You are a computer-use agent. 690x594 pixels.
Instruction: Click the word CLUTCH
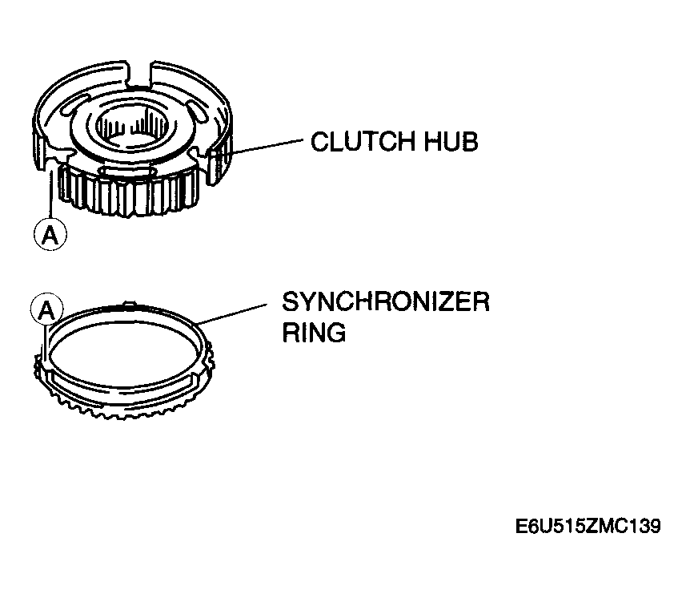(363, 141)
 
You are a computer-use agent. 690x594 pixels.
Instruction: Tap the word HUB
(451, 141)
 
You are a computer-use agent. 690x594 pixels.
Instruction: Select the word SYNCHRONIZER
(386, 302)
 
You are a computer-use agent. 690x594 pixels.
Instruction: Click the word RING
(314, 332)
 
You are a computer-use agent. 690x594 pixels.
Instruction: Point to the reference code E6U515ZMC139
(588, 526)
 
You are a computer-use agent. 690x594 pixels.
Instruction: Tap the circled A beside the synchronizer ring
(47, 309)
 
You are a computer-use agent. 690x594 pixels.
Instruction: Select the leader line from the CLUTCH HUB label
(267, 147)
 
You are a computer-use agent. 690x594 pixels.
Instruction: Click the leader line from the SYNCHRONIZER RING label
(232, 313)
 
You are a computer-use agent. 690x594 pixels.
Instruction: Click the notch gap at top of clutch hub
(139, 74)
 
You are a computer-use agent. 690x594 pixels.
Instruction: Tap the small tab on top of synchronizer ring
(128, 305)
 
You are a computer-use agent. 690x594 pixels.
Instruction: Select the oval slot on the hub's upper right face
(196, 111)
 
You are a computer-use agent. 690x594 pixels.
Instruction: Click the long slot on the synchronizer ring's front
(121, 382)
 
